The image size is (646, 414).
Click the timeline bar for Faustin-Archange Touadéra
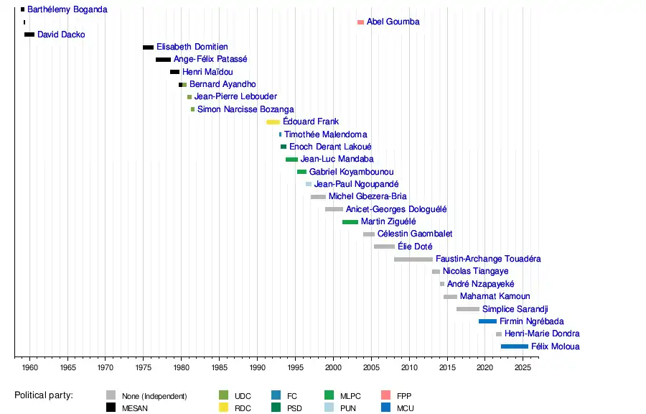point(413,259)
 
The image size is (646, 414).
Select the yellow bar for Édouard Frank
point(273,122)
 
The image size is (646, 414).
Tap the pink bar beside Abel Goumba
point(360,22)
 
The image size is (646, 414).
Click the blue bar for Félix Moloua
point(515,346)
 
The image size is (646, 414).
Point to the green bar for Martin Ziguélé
point(350,221)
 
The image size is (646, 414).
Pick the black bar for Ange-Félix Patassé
point(163,60)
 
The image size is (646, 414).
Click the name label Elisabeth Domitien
point(192,47)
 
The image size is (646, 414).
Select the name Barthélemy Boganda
point(67,10)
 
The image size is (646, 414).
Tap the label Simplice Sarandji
point(515,309)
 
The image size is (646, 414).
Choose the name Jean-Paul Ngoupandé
point(357,184)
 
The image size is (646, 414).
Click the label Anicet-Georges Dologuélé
point(396,209)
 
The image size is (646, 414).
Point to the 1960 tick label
point(29,368)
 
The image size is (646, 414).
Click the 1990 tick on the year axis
point(257,368)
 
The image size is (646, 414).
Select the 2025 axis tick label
point(523,368)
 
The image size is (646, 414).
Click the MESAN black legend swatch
point(111,408)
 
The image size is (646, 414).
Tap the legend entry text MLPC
point(351,396)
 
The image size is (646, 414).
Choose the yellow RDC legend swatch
point(223,408)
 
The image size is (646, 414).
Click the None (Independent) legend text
point(154,396)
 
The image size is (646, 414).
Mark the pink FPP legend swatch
point(385,395)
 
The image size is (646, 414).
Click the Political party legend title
point(49,395)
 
